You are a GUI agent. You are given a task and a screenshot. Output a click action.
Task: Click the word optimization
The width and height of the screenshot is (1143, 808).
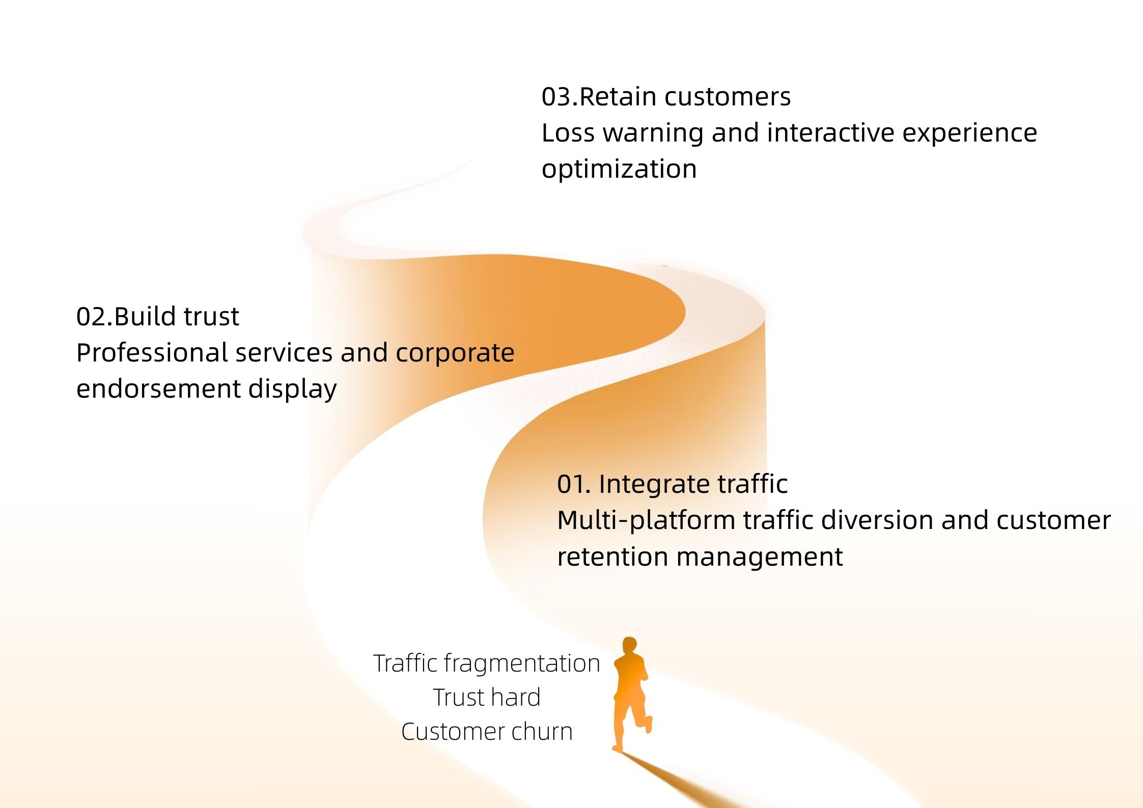[x=619, y=170]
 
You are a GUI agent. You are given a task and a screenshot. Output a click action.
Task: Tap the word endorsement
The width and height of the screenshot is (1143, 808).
[x=158, y=389]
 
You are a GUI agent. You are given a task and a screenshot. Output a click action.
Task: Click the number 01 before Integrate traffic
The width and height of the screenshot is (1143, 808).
[x=570, y=484]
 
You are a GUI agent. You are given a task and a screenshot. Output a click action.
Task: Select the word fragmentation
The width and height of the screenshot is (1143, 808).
[x=521, y=664]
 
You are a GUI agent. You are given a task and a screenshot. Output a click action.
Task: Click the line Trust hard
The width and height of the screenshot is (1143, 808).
[x=487, y=698]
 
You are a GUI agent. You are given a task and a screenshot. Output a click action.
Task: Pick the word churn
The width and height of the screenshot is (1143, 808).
[x=542, y=732]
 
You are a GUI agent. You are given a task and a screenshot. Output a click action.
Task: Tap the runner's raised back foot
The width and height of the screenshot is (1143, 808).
[x=648, y=724]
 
